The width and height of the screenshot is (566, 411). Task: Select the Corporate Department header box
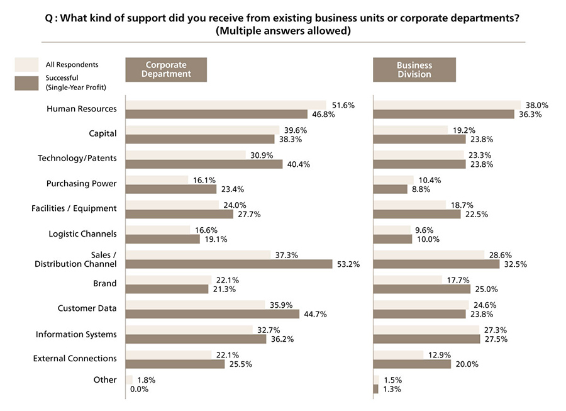click(166, 69)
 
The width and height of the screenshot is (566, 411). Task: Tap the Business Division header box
click(414, 69)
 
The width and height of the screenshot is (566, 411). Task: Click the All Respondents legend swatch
click(27, 64)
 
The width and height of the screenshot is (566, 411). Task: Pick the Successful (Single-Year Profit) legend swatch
click(27, 82)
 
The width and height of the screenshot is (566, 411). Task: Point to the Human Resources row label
click(82, 109)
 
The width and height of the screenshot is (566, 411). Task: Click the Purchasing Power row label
click(82, 184)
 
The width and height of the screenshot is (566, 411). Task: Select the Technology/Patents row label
click(77, 159)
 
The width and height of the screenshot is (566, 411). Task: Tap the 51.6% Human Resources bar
click(226, 105)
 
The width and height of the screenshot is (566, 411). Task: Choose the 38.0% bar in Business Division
click(447, 105)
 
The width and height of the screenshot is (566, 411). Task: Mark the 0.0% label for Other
click(138, 389)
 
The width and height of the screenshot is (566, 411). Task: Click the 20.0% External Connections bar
click(412, 364)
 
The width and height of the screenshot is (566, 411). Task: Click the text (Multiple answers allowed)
click(282, 31)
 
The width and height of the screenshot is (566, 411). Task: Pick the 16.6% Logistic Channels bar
click(158, 230)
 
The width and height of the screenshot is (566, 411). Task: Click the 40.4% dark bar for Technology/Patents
click(204, 164)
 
